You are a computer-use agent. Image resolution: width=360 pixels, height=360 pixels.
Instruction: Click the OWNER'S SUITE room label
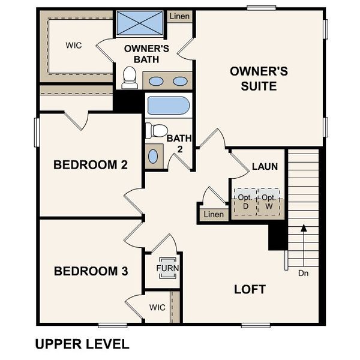[259, 79]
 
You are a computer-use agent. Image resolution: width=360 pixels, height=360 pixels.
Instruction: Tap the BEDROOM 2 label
[91, 164]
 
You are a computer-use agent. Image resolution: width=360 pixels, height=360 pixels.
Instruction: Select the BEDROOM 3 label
[91, 271]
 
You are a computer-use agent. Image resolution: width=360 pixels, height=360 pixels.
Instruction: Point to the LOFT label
[250, 289]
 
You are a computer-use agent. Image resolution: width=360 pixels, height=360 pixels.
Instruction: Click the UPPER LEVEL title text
[82, 344]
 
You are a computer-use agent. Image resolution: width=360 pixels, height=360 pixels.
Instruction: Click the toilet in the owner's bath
[128, 76]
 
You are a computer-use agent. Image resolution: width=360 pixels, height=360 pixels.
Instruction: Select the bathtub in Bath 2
[169, 107]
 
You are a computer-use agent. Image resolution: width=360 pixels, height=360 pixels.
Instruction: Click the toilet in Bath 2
[157, 130]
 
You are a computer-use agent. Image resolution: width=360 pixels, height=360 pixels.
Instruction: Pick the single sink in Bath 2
[153, 156]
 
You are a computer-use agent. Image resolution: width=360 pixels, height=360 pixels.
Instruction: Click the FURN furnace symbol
[167, 268]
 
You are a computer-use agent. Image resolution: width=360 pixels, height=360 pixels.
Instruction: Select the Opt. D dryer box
[244, 202]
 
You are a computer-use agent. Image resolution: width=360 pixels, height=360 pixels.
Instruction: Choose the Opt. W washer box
[269, 202]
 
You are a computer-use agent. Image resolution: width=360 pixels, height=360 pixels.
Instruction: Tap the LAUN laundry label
[265, 166]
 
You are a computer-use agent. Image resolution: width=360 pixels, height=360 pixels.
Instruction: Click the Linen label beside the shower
[179, 16]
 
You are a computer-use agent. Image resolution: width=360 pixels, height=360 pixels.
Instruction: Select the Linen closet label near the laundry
[213, 214]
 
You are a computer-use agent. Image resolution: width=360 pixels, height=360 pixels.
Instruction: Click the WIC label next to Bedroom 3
[157, 307]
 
